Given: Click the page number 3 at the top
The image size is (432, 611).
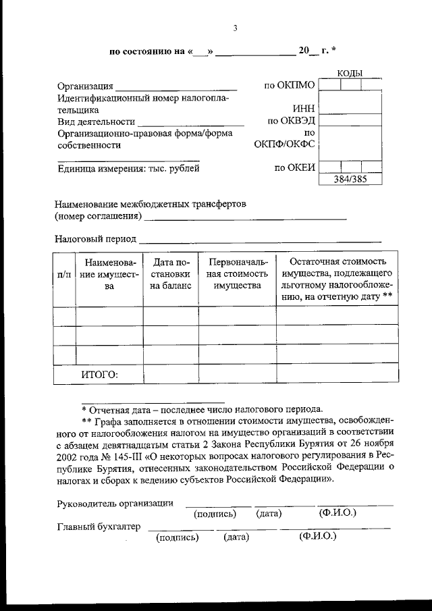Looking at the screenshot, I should (235, 28).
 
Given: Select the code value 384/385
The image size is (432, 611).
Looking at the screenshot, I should (350, 179).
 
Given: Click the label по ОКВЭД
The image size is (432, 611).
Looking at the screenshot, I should (292, 122).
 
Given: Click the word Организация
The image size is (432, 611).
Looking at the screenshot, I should (84, 86).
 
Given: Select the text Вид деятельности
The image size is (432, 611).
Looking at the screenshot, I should (94, 122).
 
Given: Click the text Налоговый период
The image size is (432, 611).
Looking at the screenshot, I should (94, 238).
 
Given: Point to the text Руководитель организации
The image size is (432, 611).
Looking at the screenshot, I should (115, 503).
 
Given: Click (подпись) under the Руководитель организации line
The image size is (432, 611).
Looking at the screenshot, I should (215, 514).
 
